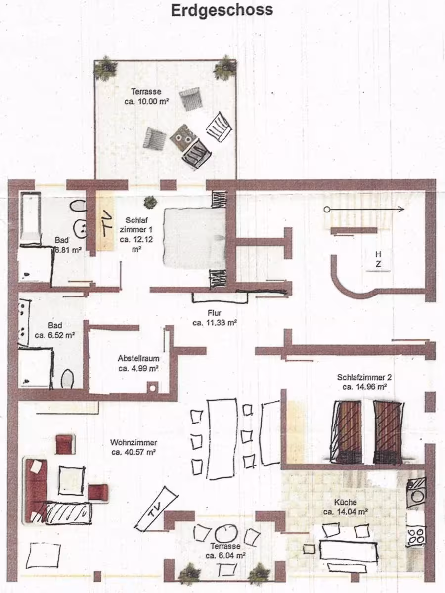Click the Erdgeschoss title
(x=222, y=10)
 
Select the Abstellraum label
(x=138, y=358)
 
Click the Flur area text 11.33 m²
(x=215, y=323)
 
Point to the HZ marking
(x=378, y=259)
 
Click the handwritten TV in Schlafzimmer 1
(x=106, y=223)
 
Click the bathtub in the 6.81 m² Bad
(x=30, y=215)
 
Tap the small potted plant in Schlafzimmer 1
(x=149, y=202)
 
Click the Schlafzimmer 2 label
(x=368, y=377)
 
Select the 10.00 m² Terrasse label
(x=146, y=96)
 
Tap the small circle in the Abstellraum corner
(x=152, y=388)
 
